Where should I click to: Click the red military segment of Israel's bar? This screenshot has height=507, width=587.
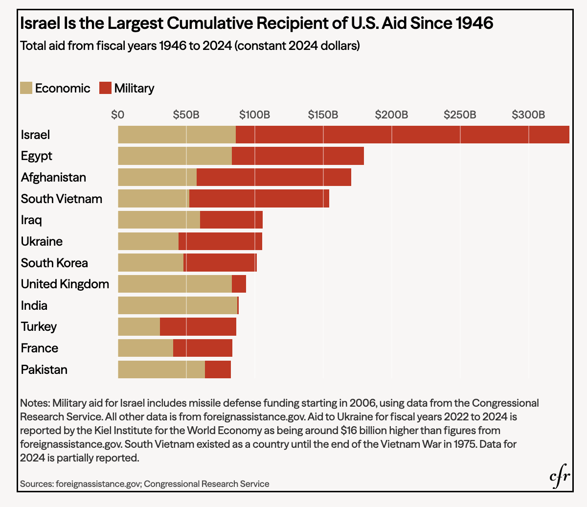point(403,135)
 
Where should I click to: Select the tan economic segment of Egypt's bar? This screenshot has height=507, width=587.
point(175,156)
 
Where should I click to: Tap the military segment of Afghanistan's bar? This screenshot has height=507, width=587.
point(274,177)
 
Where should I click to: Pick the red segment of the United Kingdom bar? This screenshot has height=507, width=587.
point(239,284)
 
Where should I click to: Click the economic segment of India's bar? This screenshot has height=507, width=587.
point(178,305)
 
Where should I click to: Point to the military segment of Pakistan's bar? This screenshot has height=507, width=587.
point(218,369)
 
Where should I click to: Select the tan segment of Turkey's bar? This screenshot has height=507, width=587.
point(139,326)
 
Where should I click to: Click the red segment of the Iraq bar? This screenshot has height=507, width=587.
point(231,220)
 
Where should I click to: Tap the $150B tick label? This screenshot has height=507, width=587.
point(323,115)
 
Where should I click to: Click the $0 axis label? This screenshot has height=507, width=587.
point(117,115)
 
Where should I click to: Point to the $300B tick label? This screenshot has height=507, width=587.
point(528,115)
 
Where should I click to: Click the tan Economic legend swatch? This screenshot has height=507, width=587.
point(26,88)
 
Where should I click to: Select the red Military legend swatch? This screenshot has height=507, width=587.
point(105,88)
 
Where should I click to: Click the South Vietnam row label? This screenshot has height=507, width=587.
point(61,199)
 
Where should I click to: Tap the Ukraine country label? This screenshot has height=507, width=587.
point(42,241)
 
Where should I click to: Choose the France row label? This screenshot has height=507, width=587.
point(40,348)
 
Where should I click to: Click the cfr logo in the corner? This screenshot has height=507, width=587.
point(560,476)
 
